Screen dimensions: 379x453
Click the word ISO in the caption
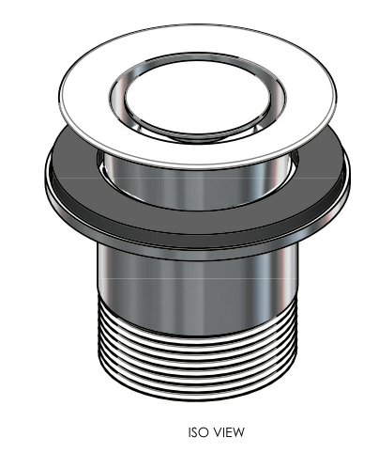coord(198,432)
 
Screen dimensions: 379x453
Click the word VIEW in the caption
coord(228,432)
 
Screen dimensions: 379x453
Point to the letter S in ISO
coord(195,432)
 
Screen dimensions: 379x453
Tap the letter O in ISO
coord(204,432)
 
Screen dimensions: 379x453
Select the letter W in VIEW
coord(238,432)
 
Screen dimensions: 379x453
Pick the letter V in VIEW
coord(217,432)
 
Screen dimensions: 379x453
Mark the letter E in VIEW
coord(228,432)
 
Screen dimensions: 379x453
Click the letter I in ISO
coord(189,432)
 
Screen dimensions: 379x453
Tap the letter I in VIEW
coord(223,432)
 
